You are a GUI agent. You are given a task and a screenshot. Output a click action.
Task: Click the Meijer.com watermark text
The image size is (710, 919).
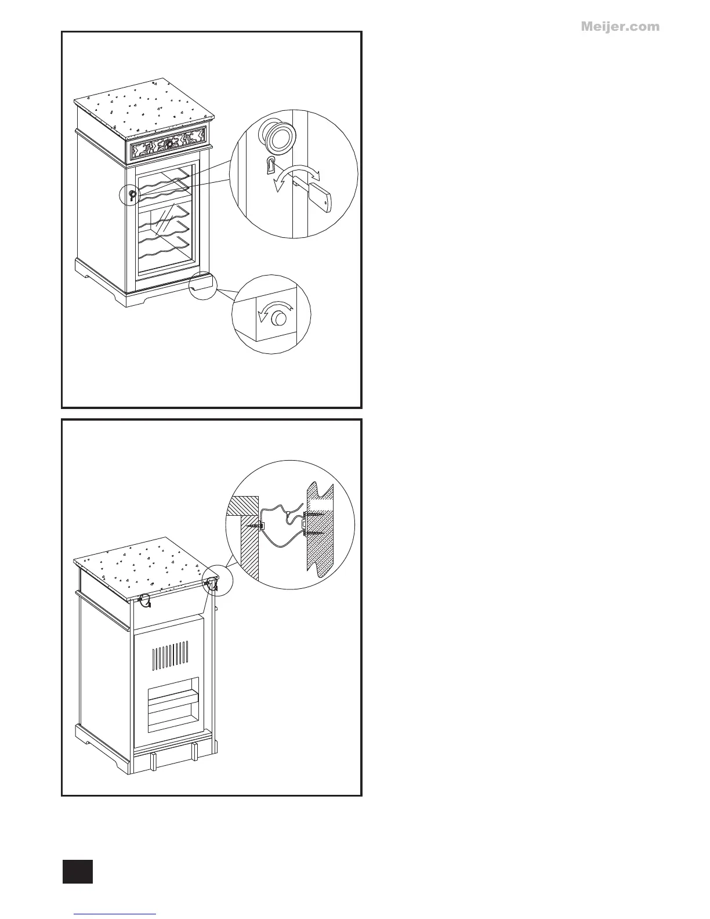coord(620,27)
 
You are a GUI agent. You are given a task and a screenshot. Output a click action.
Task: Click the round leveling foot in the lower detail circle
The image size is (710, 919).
coord(280,319)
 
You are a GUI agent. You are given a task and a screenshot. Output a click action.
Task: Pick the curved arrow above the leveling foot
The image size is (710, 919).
coord(275,307)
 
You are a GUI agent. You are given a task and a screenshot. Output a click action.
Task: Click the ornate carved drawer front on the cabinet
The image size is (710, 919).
coord(168,145)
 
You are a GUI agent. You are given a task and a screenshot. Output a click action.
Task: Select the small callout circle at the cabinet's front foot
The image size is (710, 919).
coord(202,285)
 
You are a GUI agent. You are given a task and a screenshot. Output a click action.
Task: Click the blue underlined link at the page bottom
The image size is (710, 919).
coord(115,914)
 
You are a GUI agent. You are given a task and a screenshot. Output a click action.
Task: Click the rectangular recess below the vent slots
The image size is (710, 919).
coord(172,704)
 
